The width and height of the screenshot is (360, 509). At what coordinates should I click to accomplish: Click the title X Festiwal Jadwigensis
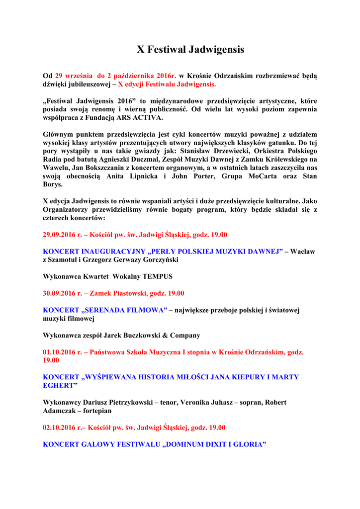click(190, 50)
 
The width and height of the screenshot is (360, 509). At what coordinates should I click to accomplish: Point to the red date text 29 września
click(74, 76)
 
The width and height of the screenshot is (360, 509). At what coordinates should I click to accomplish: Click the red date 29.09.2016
click(59, 235)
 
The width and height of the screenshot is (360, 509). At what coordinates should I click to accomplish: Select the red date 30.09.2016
click(59, 293)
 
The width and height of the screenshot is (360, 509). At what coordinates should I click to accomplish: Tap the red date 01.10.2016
click(59, 352)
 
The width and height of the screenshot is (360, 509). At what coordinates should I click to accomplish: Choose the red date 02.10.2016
click(59, 427)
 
